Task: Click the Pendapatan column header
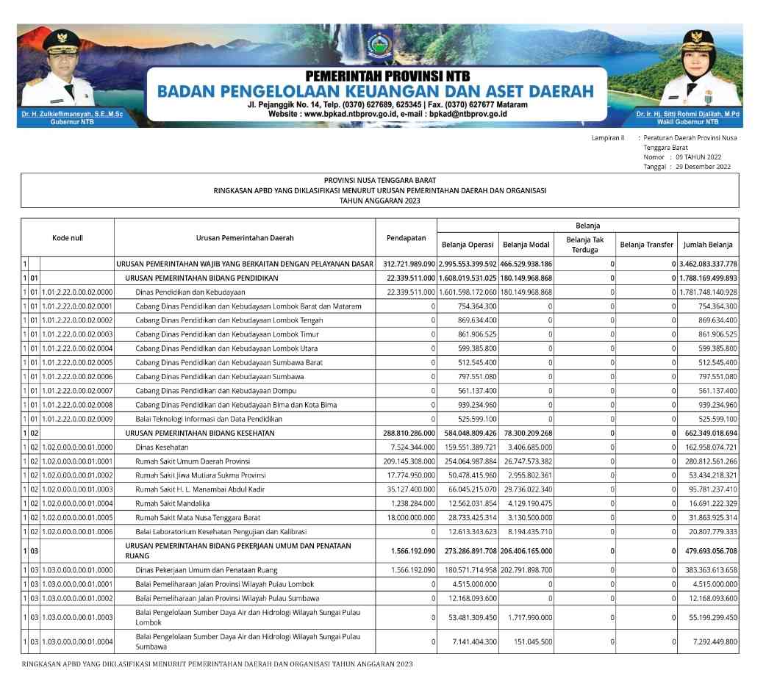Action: [x=406, y=237]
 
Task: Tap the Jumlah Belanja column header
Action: [x=708, y=245]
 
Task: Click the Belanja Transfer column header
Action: [x=646, y=245]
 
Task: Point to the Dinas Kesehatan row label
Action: [x=162, y=447]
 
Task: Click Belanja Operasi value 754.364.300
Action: [x=471, y=306]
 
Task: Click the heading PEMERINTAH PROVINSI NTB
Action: [x=387, y=76]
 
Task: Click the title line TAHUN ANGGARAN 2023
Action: [x=379, y=200]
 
